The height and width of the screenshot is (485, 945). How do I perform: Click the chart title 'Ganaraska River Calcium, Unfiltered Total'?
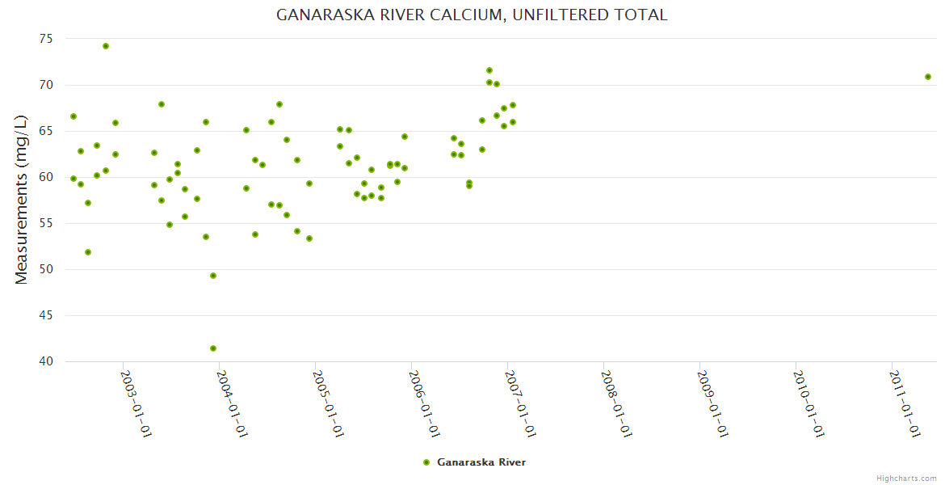click(472, 15)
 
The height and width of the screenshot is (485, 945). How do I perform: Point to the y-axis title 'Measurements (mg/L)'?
click(22, 199)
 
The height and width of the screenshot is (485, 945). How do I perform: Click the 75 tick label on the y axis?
click(46, 39)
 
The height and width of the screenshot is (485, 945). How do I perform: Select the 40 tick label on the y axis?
click(46, 361)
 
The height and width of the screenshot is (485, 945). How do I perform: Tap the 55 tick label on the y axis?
click(46, 223)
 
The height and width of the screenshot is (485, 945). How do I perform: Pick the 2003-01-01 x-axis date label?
click(136, 403)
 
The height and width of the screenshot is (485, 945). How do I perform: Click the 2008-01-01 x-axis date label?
click(616, 403)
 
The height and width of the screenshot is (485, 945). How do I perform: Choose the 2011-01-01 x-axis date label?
click(905, 403)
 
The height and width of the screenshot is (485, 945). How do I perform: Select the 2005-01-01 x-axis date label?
click(329, 403)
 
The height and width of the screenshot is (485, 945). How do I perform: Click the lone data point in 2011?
click(928, 77)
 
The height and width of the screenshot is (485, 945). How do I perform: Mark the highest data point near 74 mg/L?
click(106, 46)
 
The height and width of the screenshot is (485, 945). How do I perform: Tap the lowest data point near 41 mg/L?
click(213, 348)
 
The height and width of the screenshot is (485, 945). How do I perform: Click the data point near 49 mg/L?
click(213, 276)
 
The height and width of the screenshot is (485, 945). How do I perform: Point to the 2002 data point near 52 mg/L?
click(88, 252)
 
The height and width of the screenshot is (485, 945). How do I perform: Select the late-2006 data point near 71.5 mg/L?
click(489, 70)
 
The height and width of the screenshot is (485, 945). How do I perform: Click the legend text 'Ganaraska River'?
click(481, 462)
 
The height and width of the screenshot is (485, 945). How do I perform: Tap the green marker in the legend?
click(426, 462)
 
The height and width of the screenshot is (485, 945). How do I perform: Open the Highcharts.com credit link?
click(906, 478)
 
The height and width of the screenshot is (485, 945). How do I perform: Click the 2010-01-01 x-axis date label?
click(808, 403)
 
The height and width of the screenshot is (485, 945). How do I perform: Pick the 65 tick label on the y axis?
click(46, 131)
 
